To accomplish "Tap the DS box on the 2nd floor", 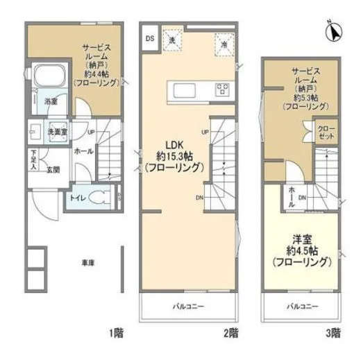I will pos(149,39).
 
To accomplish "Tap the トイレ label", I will pos(78,197).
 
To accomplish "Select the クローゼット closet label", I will pos(325,132).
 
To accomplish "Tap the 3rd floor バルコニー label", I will pos(303,306).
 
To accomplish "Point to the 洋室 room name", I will pos(303,234).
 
